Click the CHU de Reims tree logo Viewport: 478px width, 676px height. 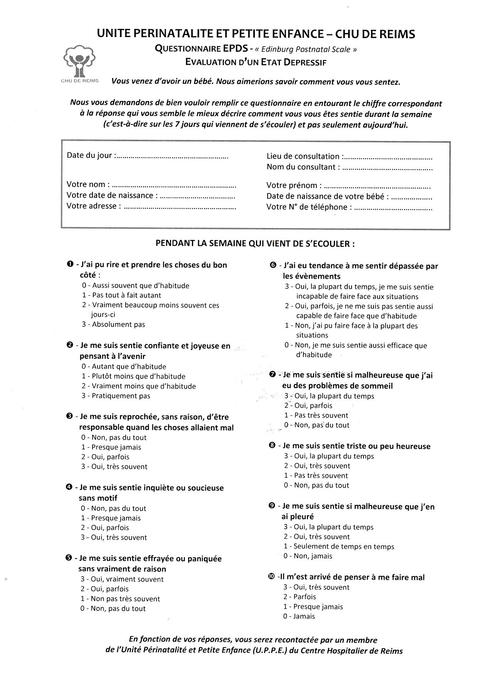(x=80, y=61)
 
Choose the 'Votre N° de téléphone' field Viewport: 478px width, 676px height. (x=393, y=209)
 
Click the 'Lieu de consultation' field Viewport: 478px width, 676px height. (x=387, y=158)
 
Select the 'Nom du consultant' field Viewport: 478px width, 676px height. (x=387, y=168)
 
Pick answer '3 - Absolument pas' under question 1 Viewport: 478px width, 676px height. (x=113, y=325)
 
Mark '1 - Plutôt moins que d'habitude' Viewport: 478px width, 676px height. (x=133, y=376)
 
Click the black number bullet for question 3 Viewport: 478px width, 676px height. (x=69, y=416)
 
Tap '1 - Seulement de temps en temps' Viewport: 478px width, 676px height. (x=339, y=547)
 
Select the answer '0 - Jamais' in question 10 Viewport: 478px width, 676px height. (x=299, y=616)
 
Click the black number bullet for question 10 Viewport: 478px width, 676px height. (x=272, y=577)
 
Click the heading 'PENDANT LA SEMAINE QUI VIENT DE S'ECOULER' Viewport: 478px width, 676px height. (x=255, y=244)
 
